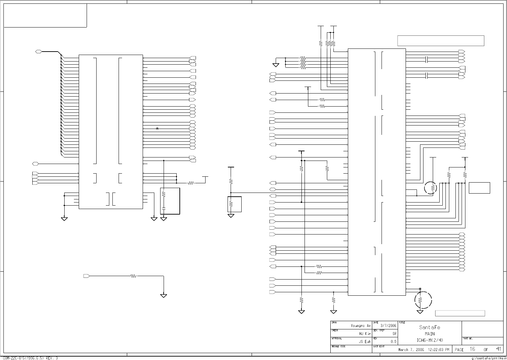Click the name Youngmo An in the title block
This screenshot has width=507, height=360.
tap(361, 326)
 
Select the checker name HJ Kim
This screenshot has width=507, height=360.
tap(365, 334)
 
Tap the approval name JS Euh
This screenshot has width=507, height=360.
tap(365, 342)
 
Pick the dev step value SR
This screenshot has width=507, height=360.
tap(394, 334)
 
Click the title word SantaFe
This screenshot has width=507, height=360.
tap(429, 328)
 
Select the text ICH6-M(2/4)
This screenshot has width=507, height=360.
tap(430, 340)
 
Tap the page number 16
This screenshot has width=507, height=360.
tap(472, 349)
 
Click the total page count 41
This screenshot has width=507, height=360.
tap(498, 349)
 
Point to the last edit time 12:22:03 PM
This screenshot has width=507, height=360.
tap(439, 350)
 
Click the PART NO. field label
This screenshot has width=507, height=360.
tap(468, 339)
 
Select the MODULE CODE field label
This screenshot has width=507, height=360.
tap(338, 347)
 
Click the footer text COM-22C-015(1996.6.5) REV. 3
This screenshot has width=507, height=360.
tap(31, 358)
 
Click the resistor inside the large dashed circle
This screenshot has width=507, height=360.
tap(420, 300)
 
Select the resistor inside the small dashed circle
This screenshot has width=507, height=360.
tap(433, 188)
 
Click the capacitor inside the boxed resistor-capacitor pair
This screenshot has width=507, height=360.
tap(164, 208)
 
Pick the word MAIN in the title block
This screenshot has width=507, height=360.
tap(430, 334)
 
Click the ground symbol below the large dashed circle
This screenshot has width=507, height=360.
tap(420, 312)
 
